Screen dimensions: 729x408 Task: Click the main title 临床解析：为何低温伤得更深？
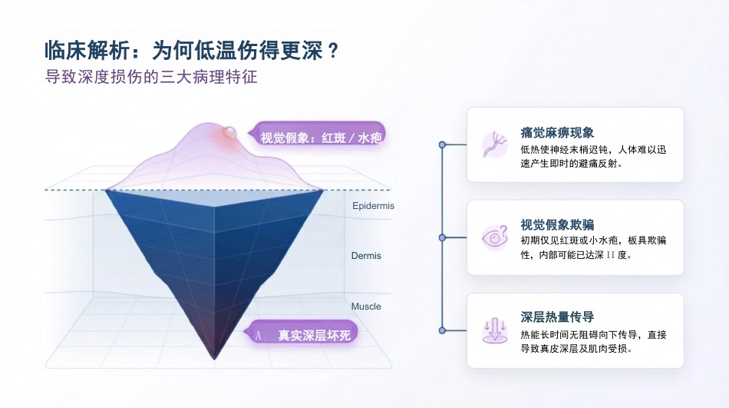pos(192,50)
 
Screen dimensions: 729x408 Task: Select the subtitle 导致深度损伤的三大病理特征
pos(151,77)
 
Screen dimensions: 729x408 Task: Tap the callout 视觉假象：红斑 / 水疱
pos(317,137)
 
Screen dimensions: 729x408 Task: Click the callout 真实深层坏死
pos(301,334)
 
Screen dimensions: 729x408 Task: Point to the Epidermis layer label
pos(373,206)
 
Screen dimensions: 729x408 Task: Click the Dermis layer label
pos(366,256)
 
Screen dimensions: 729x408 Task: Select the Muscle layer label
pos(366,307)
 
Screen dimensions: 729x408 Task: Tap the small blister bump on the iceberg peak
pos(229,133)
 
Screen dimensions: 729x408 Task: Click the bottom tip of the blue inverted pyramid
pos(214,359)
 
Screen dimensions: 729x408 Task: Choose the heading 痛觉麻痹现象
pos(557,133)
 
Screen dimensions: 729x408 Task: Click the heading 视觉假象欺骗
pos(557,225)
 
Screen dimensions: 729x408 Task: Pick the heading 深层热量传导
pos(557,317)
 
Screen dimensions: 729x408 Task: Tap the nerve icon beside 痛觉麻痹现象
pos(495,144)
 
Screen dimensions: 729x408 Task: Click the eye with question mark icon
pos(495,237)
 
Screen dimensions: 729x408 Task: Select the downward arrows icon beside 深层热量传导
pos(495,330)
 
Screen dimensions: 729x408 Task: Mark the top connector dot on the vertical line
pos(442,145)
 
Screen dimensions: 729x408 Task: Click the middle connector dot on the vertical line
pos(442,237)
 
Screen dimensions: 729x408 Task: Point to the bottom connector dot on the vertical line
pos(442,330)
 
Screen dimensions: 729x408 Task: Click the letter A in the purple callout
pos(259,335)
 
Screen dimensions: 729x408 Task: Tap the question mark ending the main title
pos(332,51)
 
